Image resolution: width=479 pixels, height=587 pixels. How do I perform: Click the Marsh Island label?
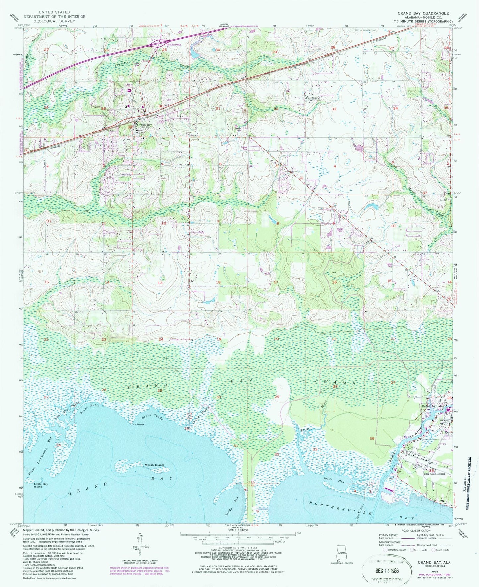(x=154, y=465)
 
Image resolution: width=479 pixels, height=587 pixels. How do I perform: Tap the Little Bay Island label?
(x=41, y=485)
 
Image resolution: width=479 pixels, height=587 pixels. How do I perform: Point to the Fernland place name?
(x=311, y=98)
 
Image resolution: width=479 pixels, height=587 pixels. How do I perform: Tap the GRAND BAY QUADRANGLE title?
(x=423, y=13)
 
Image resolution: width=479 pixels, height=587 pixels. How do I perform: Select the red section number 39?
(x=372, y=438)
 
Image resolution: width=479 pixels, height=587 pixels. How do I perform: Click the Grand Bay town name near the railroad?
(x=145, y=125)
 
